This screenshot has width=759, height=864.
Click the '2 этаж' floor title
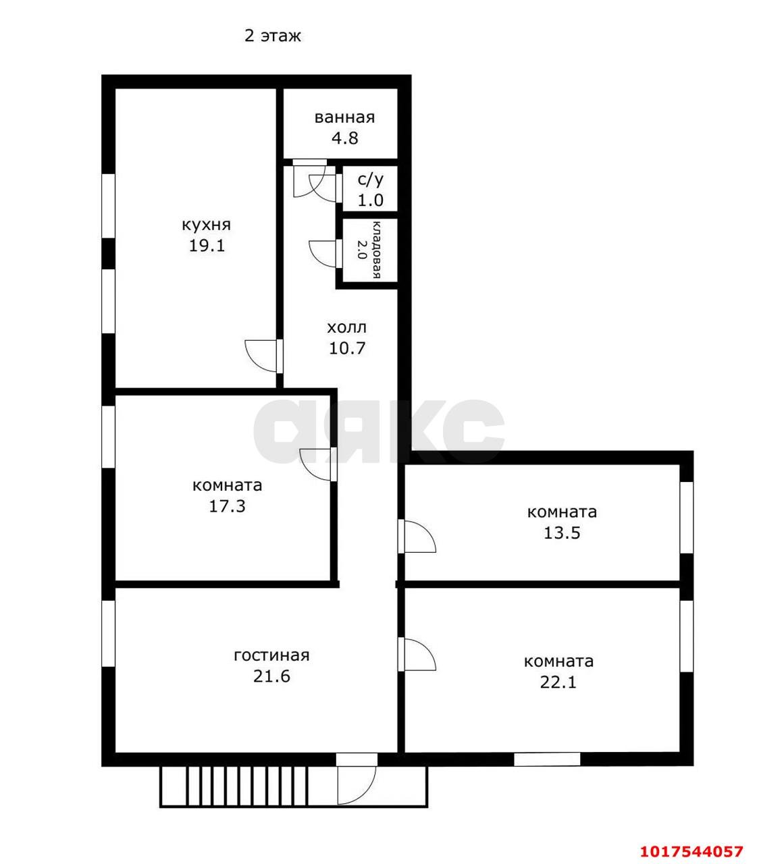[x=273, y=36]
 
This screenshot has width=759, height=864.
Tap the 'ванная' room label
[x=344, y=117]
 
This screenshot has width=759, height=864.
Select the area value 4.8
[x=345, y=138]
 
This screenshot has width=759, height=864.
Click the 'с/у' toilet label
[x=370, y=180]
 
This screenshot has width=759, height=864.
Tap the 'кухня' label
[x=207, y=225]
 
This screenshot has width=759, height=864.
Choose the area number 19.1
[x=207, y=246]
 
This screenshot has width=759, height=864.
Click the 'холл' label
[x=346, y=327]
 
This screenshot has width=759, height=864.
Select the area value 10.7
[x=347, y=348]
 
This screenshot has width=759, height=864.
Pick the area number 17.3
[x=227, y=506]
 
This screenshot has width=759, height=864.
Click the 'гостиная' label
[x=271, y=655]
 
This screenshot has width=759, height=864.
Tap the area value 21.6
[x=271, y=676]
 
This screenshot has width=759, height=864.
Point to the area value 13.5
[x=561, y=533]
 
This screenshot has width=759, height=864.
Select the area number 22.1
[x=558, y=682]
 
